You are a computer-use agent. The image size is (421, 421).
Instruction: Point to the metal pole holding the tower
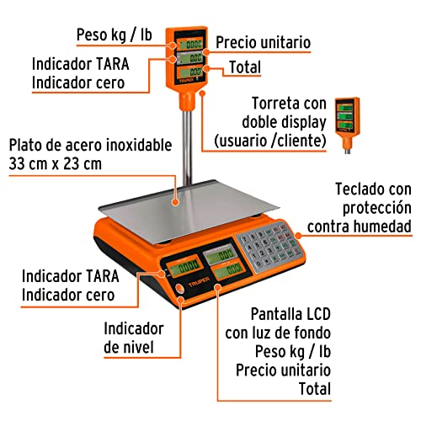pyautogui.click(x=190, y=143)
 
